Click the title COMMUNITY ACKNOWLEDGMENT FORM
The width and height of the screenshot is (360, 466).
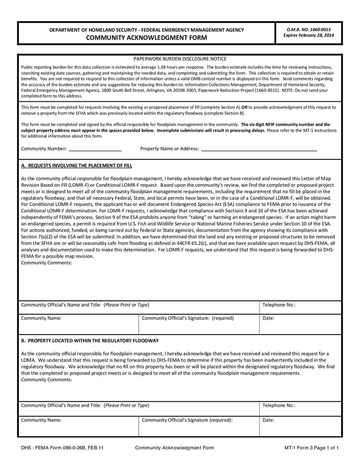pos(146,37)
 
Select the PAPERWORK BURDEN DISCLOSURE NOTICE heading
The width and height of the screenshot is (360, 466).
pos(180,59)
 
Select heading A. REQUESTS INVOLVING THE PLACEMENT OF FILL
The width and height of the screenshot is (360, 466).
pos(76,165)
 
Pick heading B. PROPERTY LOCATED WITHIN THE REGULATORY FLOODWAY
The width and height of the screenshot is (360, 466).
pos(90,340)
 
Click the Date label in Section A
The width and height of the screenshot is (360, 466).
pos(268,318)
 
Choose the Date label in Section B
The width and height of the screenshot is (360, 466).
pos(268,420)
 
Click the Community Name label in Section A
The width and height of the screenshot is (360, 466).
pos(41,318)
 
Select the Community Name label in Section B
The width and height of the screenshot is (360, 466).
pos(41,420)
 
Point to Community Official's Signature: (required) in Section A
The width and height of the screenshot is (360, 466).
pos(188,318)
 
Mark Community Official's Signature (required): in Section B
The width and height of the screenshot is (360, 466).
pos(187,420)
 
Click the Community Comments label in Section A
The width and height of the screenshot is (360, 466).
pos(46,262)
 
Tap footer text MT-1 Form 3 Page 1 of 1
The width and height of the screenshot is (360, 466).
pos(311,448)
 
